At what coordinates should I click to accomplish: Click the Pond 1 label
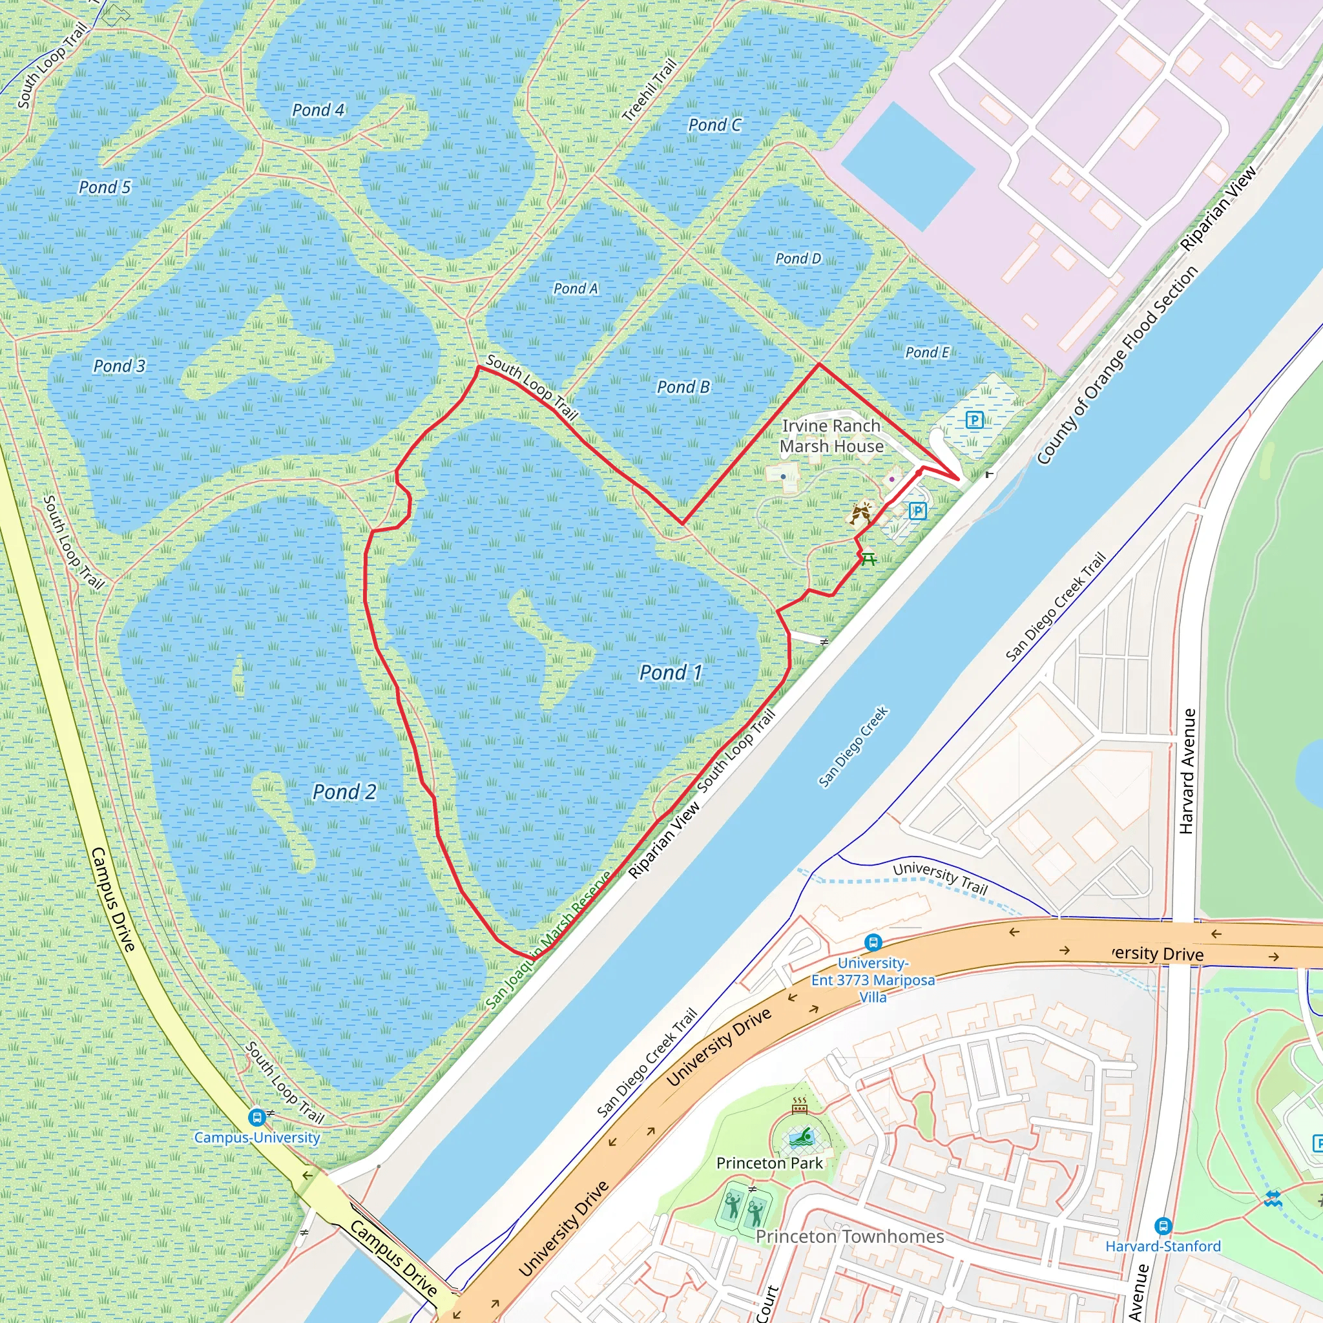[671, 672]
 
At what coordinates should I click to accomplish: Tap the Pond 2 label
[344, 792]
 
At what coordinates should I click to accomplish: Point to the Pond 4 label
[318, 110]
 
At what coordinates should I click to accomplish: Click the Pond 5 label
[104, 187]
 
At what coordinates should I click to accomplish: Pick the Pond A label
[575, 288]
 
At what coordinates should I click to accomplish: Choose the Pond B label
[683, 387]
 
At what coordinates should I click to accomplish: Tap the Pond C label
[714, 125]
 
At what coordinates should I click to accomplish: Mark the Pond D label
[798, 258]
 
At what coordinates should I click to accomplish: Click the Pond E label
[927, 352]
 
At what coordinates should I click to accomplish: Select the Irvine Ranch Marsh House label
[831, 435]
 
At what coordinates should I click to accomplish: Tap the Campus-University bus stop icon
[257, 1118]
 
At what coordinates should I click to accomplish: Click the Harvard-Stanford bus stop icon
[1163, 1225]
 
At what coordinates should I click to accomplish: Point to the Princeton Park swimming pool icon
[800, 1139]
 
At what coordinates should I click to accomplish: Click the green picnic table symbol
[868, 559]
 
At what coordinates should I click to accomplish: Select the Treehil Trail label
[649, 90]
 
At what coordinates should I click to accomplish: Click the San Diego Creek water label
[853, 746]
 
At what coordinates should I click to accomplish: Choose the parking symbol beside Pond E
[974, 419]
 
